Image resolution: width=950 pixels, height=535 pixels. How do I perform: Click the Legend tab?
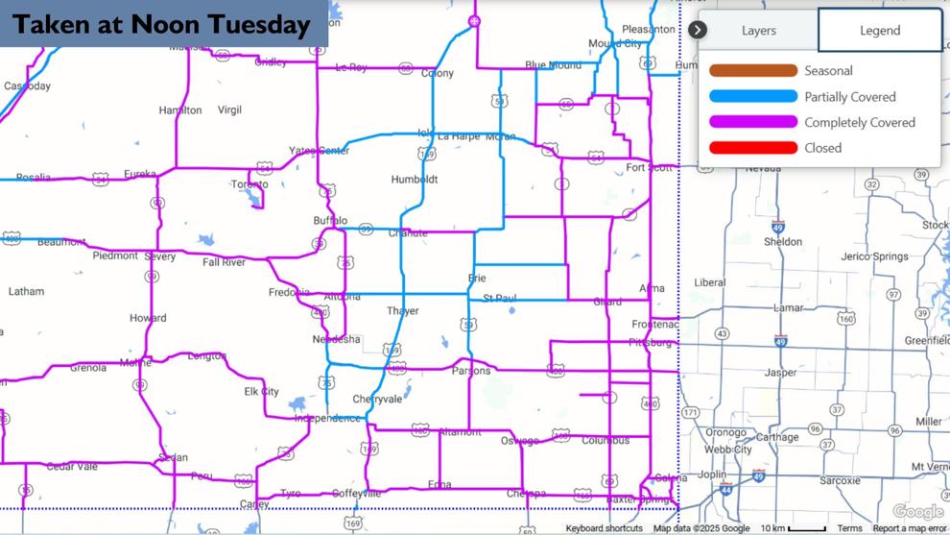879,31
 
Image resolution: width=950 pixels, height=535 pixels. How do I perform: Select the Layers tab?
758,31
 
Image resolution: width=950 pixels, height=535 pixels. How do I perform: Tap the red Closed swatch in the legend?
753,148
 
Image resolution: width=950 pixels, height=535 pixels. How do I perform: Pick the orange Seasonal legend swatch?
753,71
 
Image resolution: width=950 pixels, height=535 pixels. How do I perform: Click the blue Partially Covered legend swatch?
753,97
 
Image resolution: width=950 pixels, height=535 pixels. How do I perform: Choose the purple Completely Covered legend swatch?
753,122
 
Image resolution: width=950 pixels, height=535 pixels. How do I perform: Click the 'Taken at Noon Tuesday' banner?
163,25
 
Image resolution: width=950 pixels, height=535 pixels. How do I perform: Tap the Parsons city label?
470,371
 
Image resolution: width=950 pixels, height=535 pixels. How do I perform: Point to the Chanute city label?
407,233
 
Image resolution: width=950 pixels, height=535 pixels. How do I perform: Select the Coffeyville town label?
356,494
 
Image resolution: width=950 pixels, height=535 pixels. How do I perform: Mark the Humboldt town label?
415,180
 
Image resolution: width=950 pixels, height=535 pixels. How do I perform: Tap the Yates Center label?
320,151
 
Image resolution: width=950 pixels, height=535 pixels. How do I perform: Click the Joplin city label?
711,474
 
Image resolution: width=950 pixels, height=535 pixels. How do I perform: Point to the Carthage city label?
778,437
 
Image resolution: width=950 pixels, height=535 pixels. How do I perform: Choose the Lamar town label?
788,308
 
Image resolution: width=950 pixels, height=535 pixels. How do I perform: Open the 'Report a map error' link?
909,528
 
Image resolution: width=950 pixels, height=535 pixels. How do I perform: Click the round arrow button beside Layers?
698,30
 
